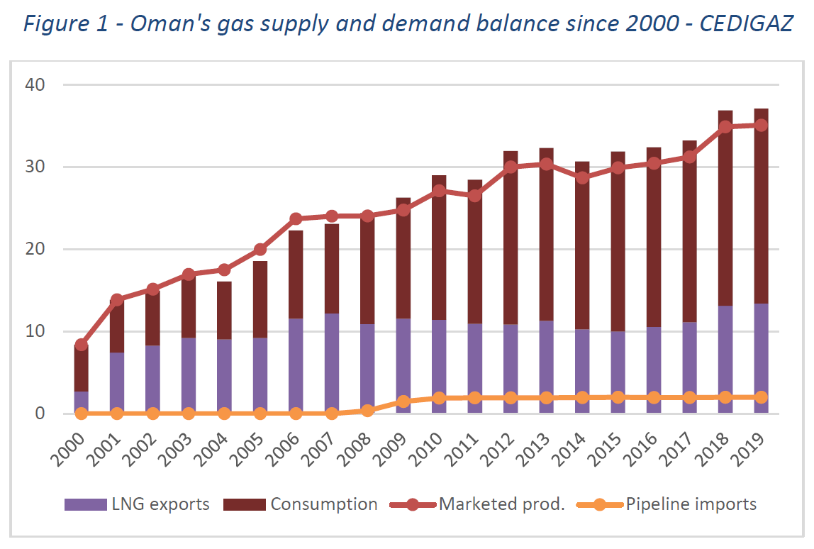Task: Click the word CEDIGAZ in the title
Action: pyautogui.click(x=746, y=23)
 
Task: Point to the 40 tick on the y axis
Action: pyautogui.click(x=34, y=84)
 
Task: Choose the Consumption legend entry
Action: pyautogui.click(x=301, y=504)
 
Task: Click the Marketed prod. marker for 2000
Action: pyautogui.click(x=82, y=345)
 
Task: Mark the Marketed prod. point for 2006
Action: pyautogui.click(x=296, y=218)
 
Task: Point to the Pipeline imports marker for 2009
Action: pyautogui.click(x=403, y=401)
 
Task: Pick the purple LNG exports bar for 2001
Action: pyautogui.click(x=117, y=383)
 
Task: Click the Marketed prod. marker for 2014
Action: pyautogui.click(x=582, y=177)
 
